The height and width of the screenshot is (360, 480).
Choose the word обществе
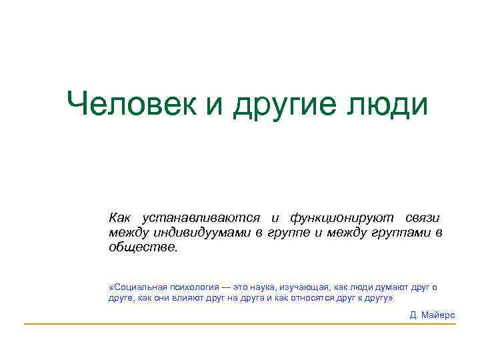tap(143, 246)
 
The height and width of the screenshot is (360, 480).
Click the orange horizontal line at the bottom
tap(240, 324)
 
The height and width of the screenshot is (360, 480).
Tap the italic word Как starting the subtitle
tap(120, 218)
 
